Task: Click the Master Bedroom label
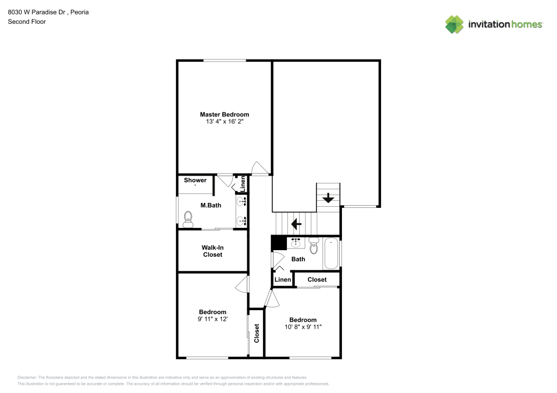point(224,115)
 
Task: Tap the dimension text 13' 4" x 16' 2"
point(224,122)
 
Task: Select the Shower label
point(195,180)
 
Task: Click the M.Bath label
point(211,205)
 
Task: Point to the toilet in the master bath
point(188,220)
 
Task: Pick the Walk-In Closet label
point(212,251)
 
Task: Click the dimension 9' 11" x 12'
point(212,319)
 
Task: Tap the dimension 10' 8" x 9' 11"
point(303,327)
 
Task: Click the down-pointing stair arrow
point(328,197)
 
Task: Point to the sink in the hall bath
point(296,243)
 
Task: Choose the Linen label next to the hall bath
point(282,280)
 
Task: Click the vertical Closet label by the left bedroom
point(257,332)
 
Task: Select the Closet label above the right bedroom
point(317,280)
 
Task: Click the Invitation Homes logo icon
point(454,24)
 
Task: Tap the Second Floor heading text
point(27,22)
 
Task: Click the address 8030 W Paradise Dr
point(38,12)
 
